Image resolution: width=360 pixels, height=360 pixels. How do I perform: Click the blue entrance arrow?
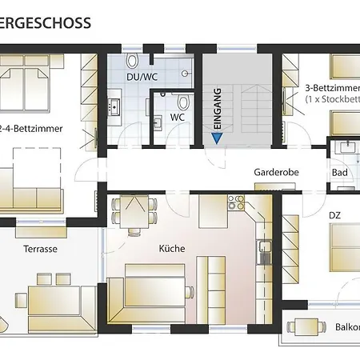(x=217, y=138)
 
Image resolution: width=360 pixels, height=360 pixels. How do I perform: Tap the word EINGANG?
(x=218, y=109)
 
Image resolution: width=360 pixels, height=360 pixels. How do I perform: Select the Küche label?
(x=172, y=249)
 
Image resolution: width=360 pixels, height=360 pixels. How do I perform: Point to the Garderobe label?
(x=276, y=172)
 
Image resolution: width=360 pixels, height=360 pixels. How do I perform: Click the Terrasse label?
(x=41, y=249)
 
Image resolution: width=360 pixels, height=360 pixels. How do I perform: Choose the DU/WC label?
(x=142, y=77)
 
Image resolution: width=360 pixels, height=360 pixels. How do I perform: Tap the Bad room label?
(x=340, y=173)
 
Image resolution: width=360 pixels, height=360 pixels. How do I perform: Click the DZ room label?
(x=334, y=215)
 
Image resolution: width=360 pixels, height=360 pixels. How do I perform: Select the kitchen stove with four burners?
(x=236, y=202)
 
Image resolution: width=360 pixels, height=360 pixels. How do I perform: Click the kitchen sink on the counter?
(x=264, y=252)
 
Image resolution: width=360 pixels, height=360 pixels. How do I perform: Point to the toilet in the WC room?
(x=183, y=102)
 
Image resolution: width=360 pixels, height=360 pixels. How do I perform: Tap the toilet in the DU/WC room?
(x=132, y=60)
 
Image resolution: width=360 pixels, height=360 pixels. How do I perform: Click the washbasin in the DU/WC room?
(x=114, y=107)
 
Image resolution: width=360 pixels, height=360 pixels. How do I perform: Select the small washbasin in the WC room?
(x=158, y=122)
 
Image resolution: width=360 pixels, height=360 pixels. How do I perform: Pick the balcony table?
(x=306, y=327)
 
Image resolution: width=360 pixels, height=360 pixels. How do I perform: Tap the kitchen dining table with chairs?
(x=134, y=212)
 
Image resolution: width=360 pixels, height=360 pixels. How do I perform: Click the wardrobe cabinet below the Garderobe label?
(x=275, y=186)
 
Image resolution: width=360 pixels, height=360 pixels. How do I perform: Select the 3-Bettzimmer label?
(x=333, y=88)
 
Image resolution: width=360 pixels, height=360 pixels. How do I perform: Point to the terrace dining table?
(x=54, y=301)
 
